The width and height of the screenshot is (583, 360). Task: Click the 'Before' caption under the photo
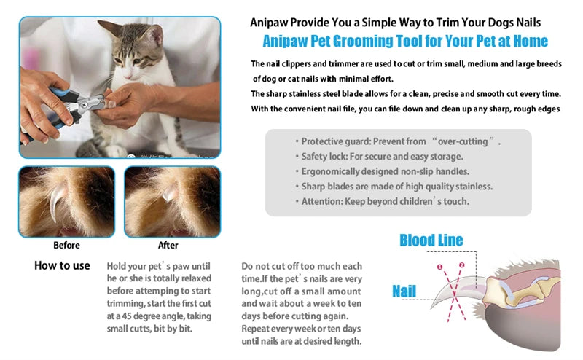[66, 245]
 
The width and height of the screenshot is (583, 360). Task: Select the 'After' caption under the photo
[168, 245]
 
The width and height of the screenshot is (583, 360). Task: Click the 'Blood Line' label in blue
[431, 240]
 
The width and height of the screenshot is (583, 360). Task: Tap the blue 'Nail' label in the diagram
[404, 291]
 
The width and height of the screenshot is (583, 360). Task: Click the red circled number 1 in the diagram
[439, 267]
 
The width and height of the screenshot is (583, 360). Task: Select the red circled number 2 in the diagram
[461, 265]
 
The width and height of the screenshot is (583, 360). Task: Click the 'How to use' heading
[62, 265]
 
